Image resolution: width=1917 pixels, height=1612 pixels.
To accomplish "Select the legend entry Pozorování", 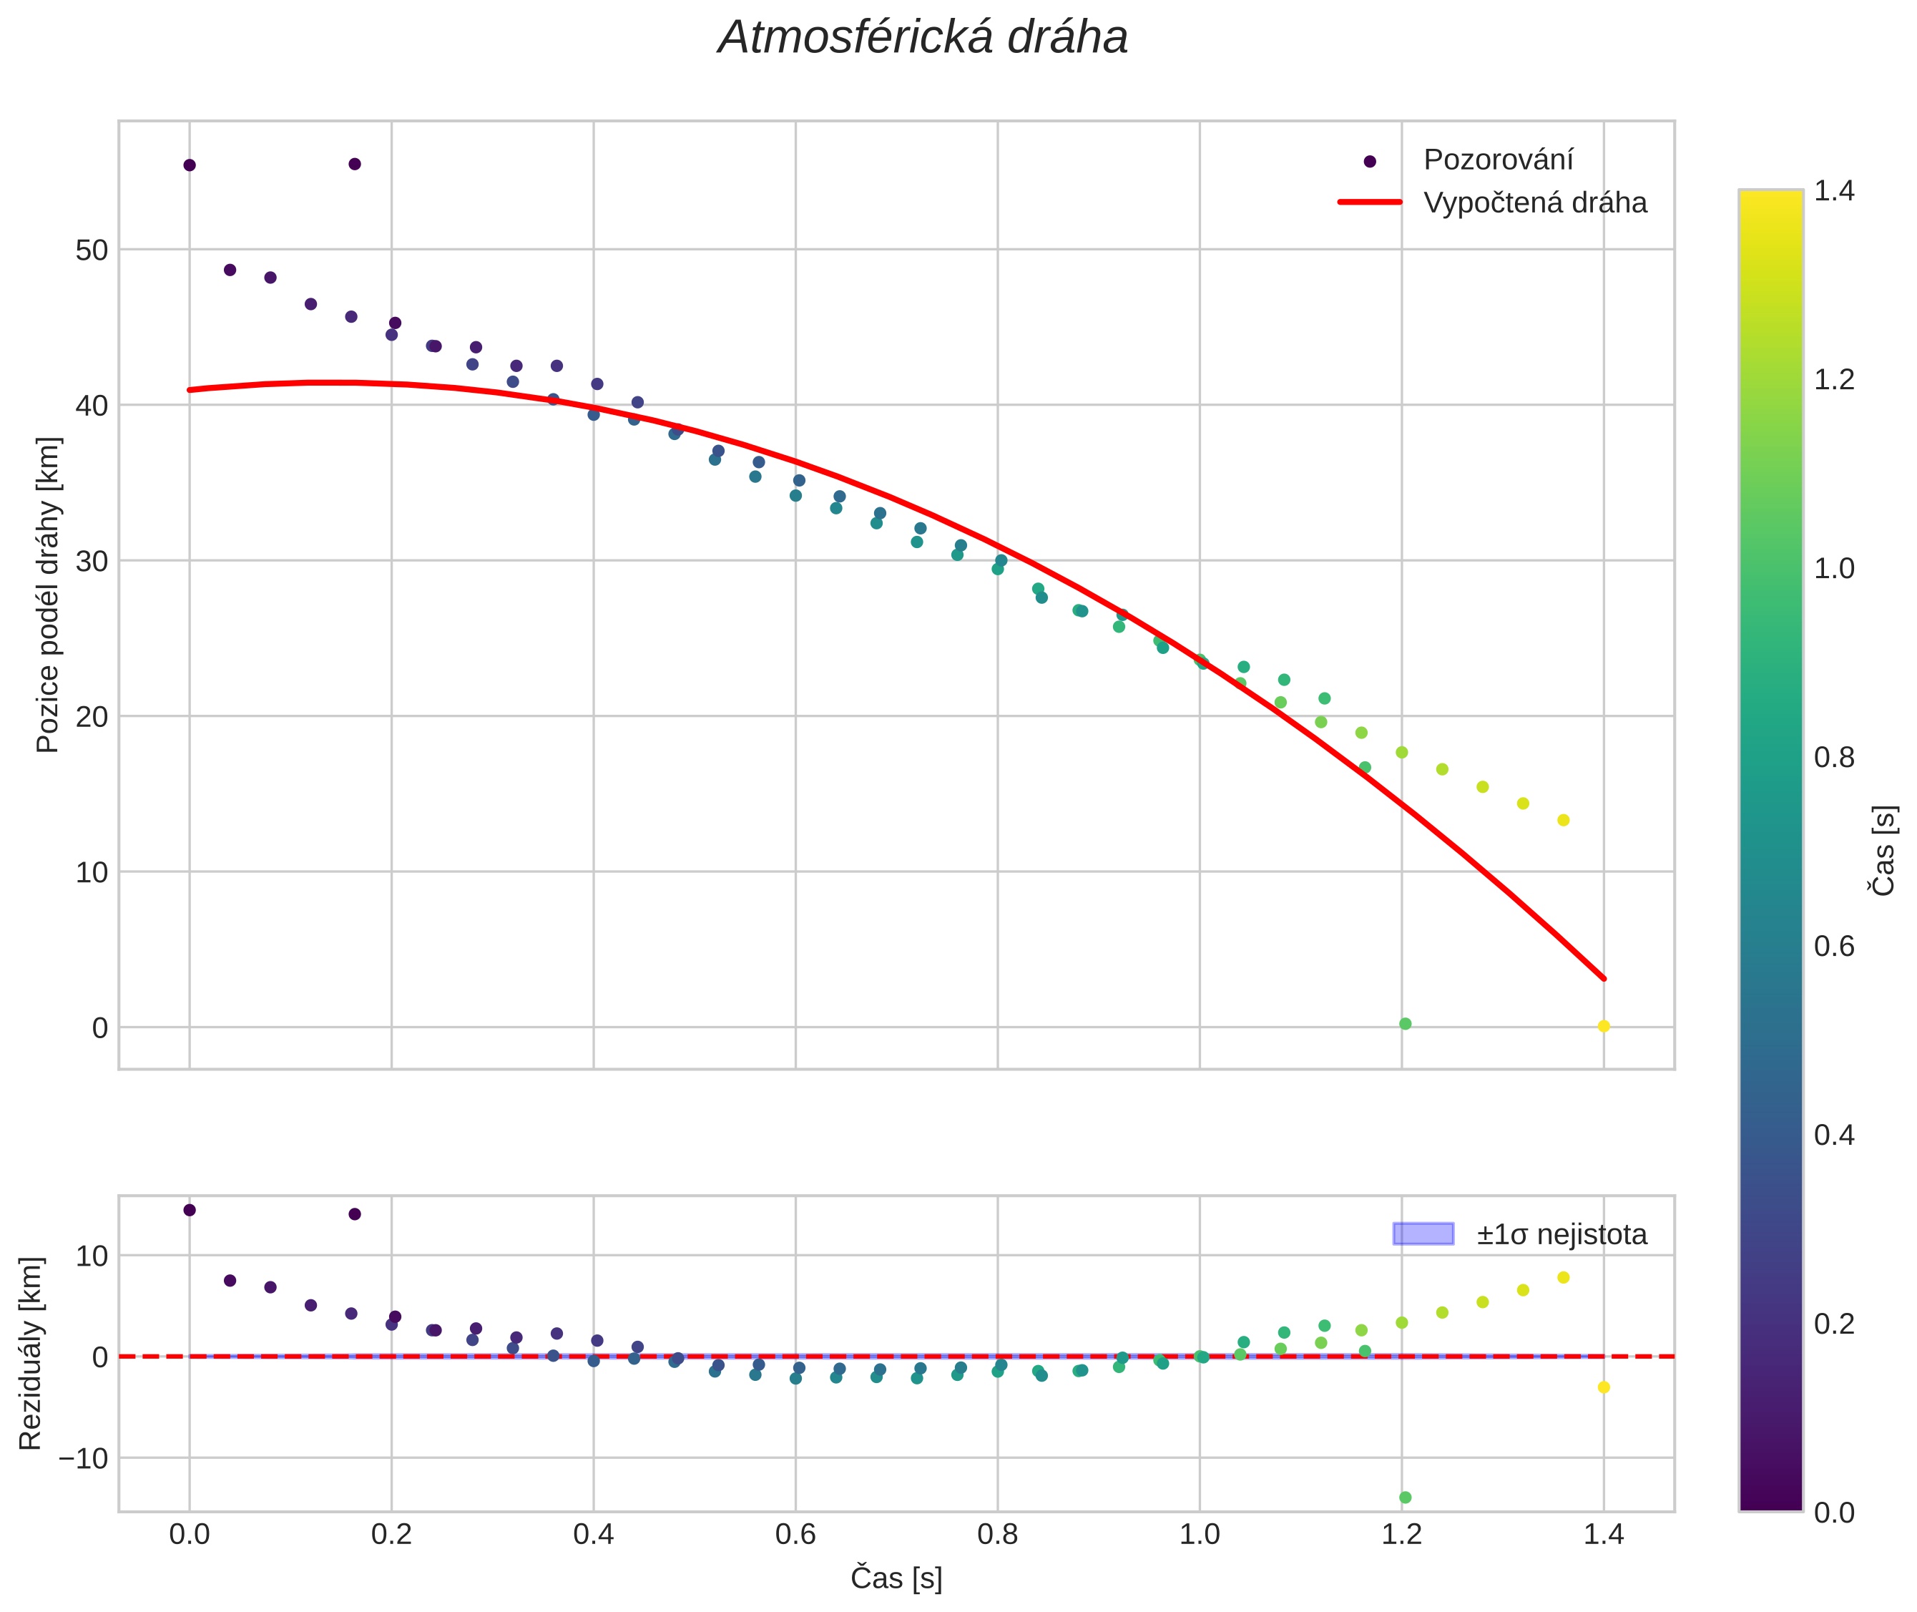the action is coord(1498,160).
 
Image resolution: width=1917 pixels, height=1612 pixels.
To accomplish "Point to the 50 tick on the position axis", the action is coord(92,250).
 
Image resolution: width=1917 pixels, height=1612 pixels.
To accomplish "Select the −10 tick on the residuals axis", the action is coord(83,1457).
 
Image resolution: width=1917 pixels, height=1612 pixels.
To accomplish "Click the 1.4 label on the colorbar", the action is coord(1834,190).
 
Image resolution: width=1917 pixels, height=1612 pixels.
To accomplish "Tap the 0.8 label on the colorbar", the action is coord(1834,757).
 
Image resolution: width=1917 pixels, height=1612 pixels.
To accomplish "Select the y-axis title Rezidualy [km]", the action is coord(30,1354).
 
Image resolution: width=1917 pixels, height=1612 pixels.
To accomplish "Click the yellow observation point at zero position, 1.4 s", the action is coord(1604,1026).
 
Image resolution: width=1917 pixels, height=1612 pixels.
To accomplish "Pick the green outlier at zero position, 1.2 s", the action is coord(1406,1023).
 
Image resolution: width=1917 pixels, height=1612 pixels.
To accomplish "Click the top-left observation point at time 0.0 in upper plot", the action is coord(189,165).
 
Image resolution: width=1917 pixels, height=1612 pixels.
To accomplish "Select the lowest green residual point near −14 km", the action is coord(1406,1498).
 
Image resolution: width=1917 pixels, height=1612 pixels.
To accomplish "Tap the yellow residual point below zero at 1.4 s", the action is coord(1604,1387).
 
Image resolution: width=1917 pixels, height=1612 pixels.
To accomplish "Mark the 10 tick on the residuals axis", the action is coord(92,1256).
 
